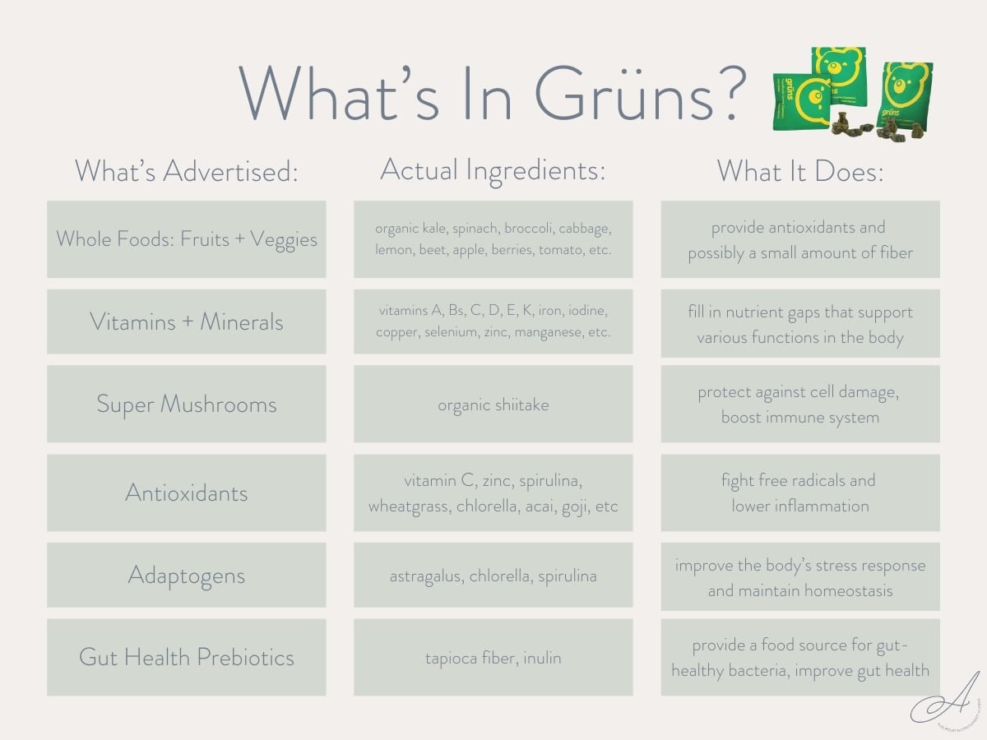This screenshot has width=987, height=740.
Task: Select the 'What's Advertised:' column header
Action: (186, 171)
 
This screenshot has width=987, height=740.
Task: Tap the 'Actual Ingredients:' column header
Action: (493, 170)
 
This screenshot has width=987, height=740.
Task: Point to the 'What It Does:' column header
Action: (799, 171)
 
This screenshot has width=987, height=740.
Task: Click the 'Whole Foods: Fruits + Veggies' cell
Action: (186, 239)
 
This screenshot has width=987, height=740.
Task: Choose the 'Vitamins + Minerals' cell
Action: (186, 321)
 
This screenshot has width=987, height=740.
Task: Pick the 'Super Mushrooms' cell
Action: (186, 404)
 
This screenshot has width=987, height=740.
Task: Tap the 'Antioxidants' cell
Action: (186, 493)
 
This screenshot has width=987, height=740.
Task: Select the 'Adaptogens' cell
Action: (186, 575)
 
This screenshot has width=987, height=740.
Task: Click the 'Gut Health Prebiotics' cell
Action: (186, 657)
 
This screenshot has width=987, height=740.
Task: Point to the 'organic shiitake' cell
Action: (493, 405)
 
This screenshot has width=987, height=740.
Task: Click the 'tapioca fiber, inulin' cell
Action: (493, 658)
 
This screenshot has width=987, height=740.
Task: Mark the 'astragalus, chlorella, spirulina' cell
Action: (493, 576)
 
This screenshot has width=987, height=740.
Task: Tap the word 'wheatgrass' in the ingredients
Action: (405, 506)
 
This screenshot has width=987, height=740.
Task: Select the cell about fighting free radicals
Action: (799, 493)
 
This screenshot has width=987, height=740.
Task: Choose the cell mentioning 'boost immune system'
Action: (799, 405)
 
